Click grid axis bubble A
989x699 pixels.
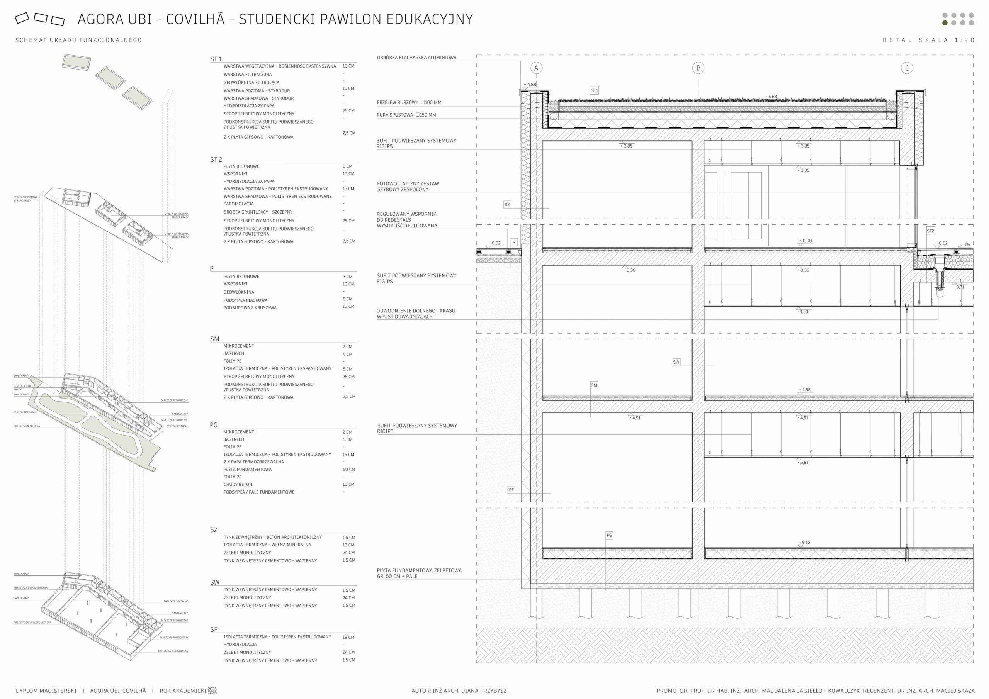(536, 68)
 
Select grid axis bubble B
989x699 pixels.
(698, 68)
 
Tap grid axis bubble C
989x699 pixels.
(907, 68)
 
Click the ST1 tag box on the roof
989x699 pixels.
(595, 90)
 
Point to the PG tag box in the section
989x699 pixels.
(609, 535)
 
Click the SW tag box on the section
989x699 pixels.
(676, 362)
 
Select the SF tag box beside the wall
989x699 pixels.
(511, 490)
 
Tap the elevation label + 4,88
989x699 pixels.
(530, 85)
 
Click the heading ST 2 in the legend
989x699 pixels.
(216, 160)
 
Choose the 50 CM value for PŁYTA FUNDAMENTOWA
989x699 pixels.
(349, 470)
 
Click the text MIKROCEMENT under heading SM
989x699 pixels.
(239, 346)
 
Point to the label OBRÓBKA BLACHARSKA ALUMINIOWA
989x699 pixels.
(416, 58)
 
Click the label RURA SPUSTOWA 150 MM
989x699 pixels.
(406, 115)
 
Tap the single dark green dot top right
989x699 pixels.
(945, 23)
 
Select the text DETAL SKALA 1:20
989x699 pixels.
(929, 40)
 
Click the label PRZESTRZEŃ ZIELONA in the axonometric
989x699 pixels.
(27, 426)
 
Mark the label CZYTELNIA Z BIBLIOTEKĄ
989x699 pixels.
(173, 651)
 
